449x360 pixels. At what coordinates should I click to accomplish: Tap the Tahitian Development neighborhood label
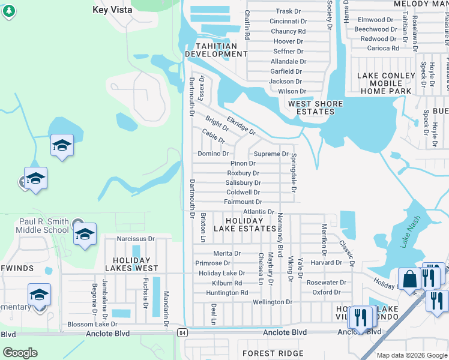tap(216, 50)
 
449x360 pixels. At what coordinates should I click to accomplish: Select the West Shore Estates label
tap(315, 107)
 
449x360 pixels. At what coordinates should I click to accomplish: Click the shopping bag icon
tap(409, 280)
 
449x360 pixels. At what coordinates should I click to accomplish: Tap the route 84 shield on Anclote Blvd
tap(182, 332)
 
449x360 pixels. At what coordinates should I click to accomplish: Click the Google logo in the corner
tap(20, 352)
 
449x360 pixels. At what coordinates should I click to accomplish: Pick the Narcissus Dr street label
tap(135, 239)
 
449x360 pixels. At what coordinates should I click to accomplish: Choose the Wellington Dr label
tap(272, 302)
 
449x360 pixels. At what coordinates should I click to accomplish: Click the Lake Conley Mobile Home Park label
tap(386, 83)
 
